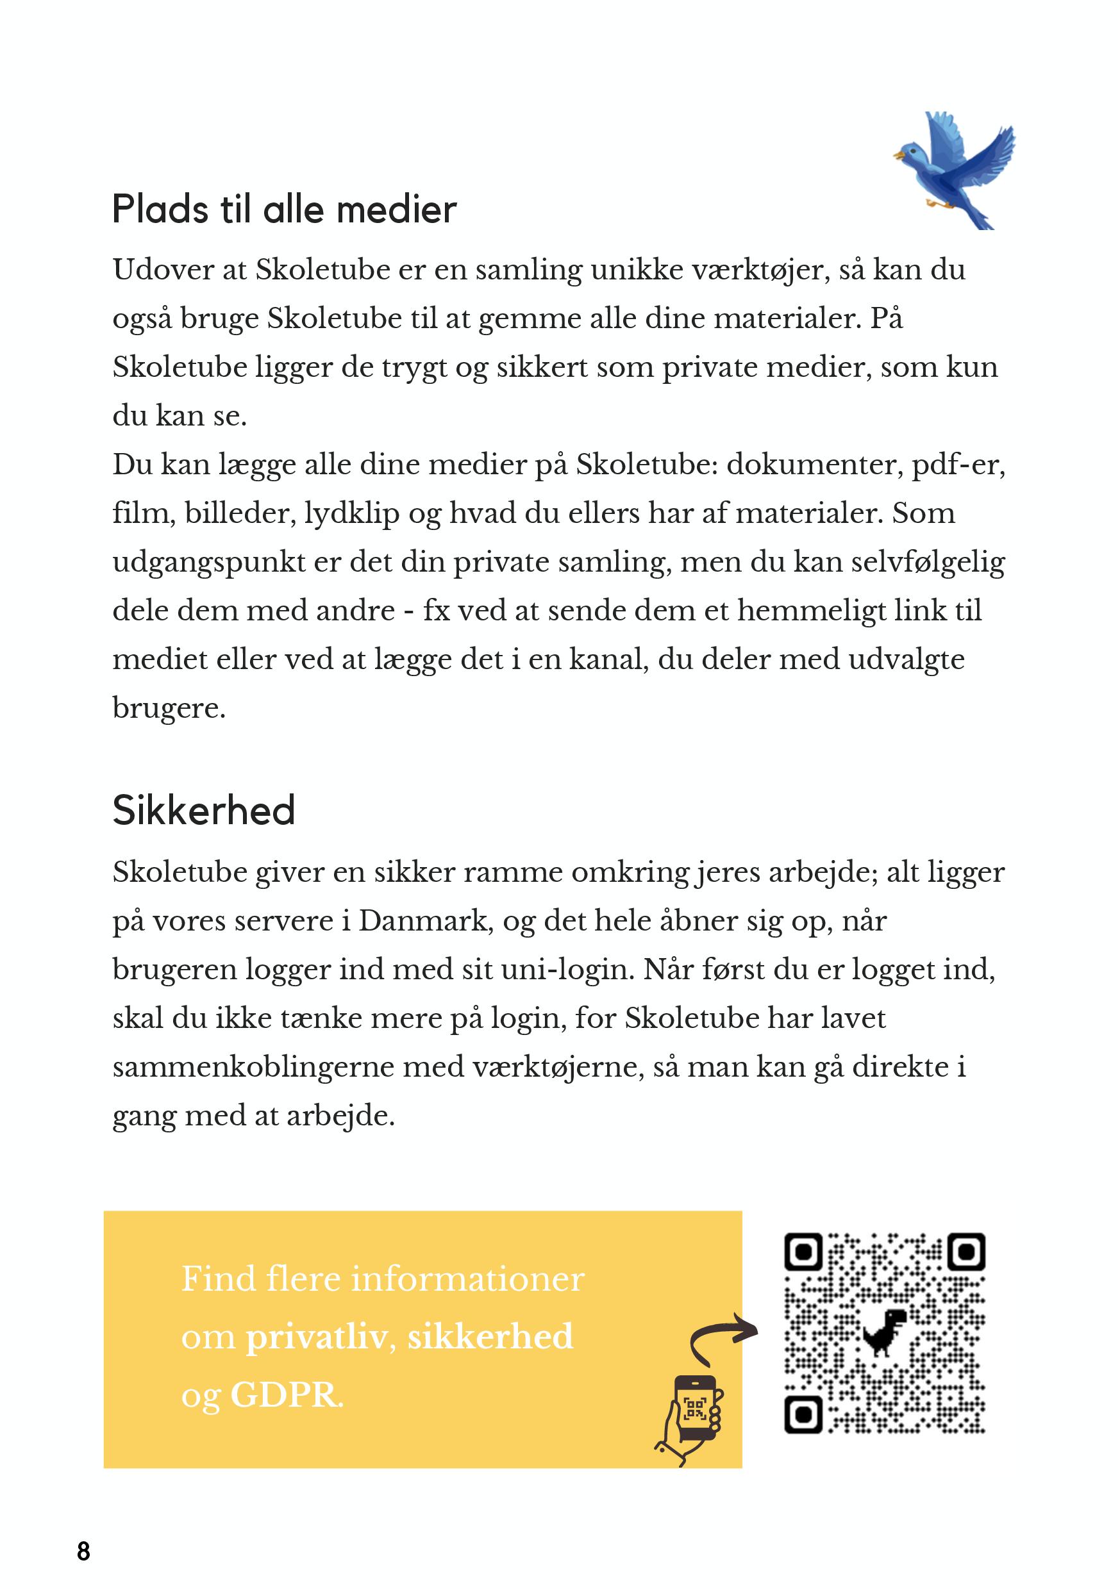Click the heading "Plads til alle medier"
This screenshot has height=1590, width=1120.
284,209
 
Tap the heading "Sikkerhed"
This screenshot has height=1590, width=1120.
204,810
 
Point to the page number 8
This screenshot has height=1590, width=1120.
83,1551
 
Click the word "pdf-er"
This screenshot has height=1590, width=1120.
958,465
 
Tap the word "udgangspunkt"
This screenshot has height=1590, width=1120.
208,562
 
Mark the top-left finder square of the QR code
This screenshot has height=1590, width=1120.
803,1252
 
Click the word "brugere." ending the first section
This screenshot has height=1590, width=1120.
169,708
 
